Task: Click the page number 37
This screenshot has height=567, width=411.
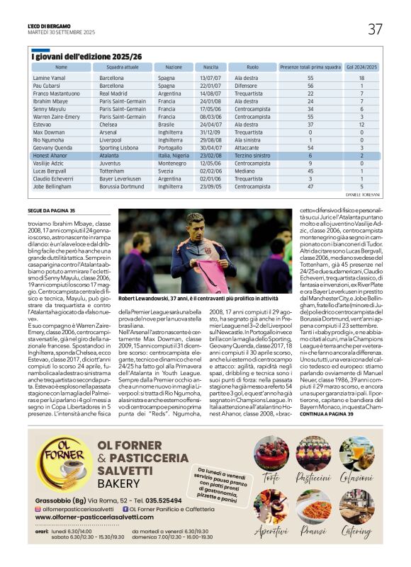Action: [375, 29]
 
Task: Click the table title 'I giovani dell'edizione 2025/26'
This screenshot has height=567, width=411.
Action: [87, 56]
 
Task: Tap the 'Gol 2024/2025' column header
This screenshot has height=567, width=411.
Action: [361, 67]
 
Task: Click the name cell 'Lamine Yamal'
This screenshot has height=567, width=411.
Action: [49, 77]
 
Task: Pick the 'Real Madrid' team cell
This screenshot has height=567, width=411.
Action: [113, 93]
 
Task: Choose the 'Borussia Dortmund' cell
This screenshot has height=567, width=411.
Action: [123, 186]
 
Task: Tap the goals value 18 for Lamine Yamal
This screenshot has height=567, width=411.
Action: [361, 77]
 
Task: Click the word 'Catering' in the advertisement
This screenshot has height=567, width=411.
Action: [356, 530]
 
